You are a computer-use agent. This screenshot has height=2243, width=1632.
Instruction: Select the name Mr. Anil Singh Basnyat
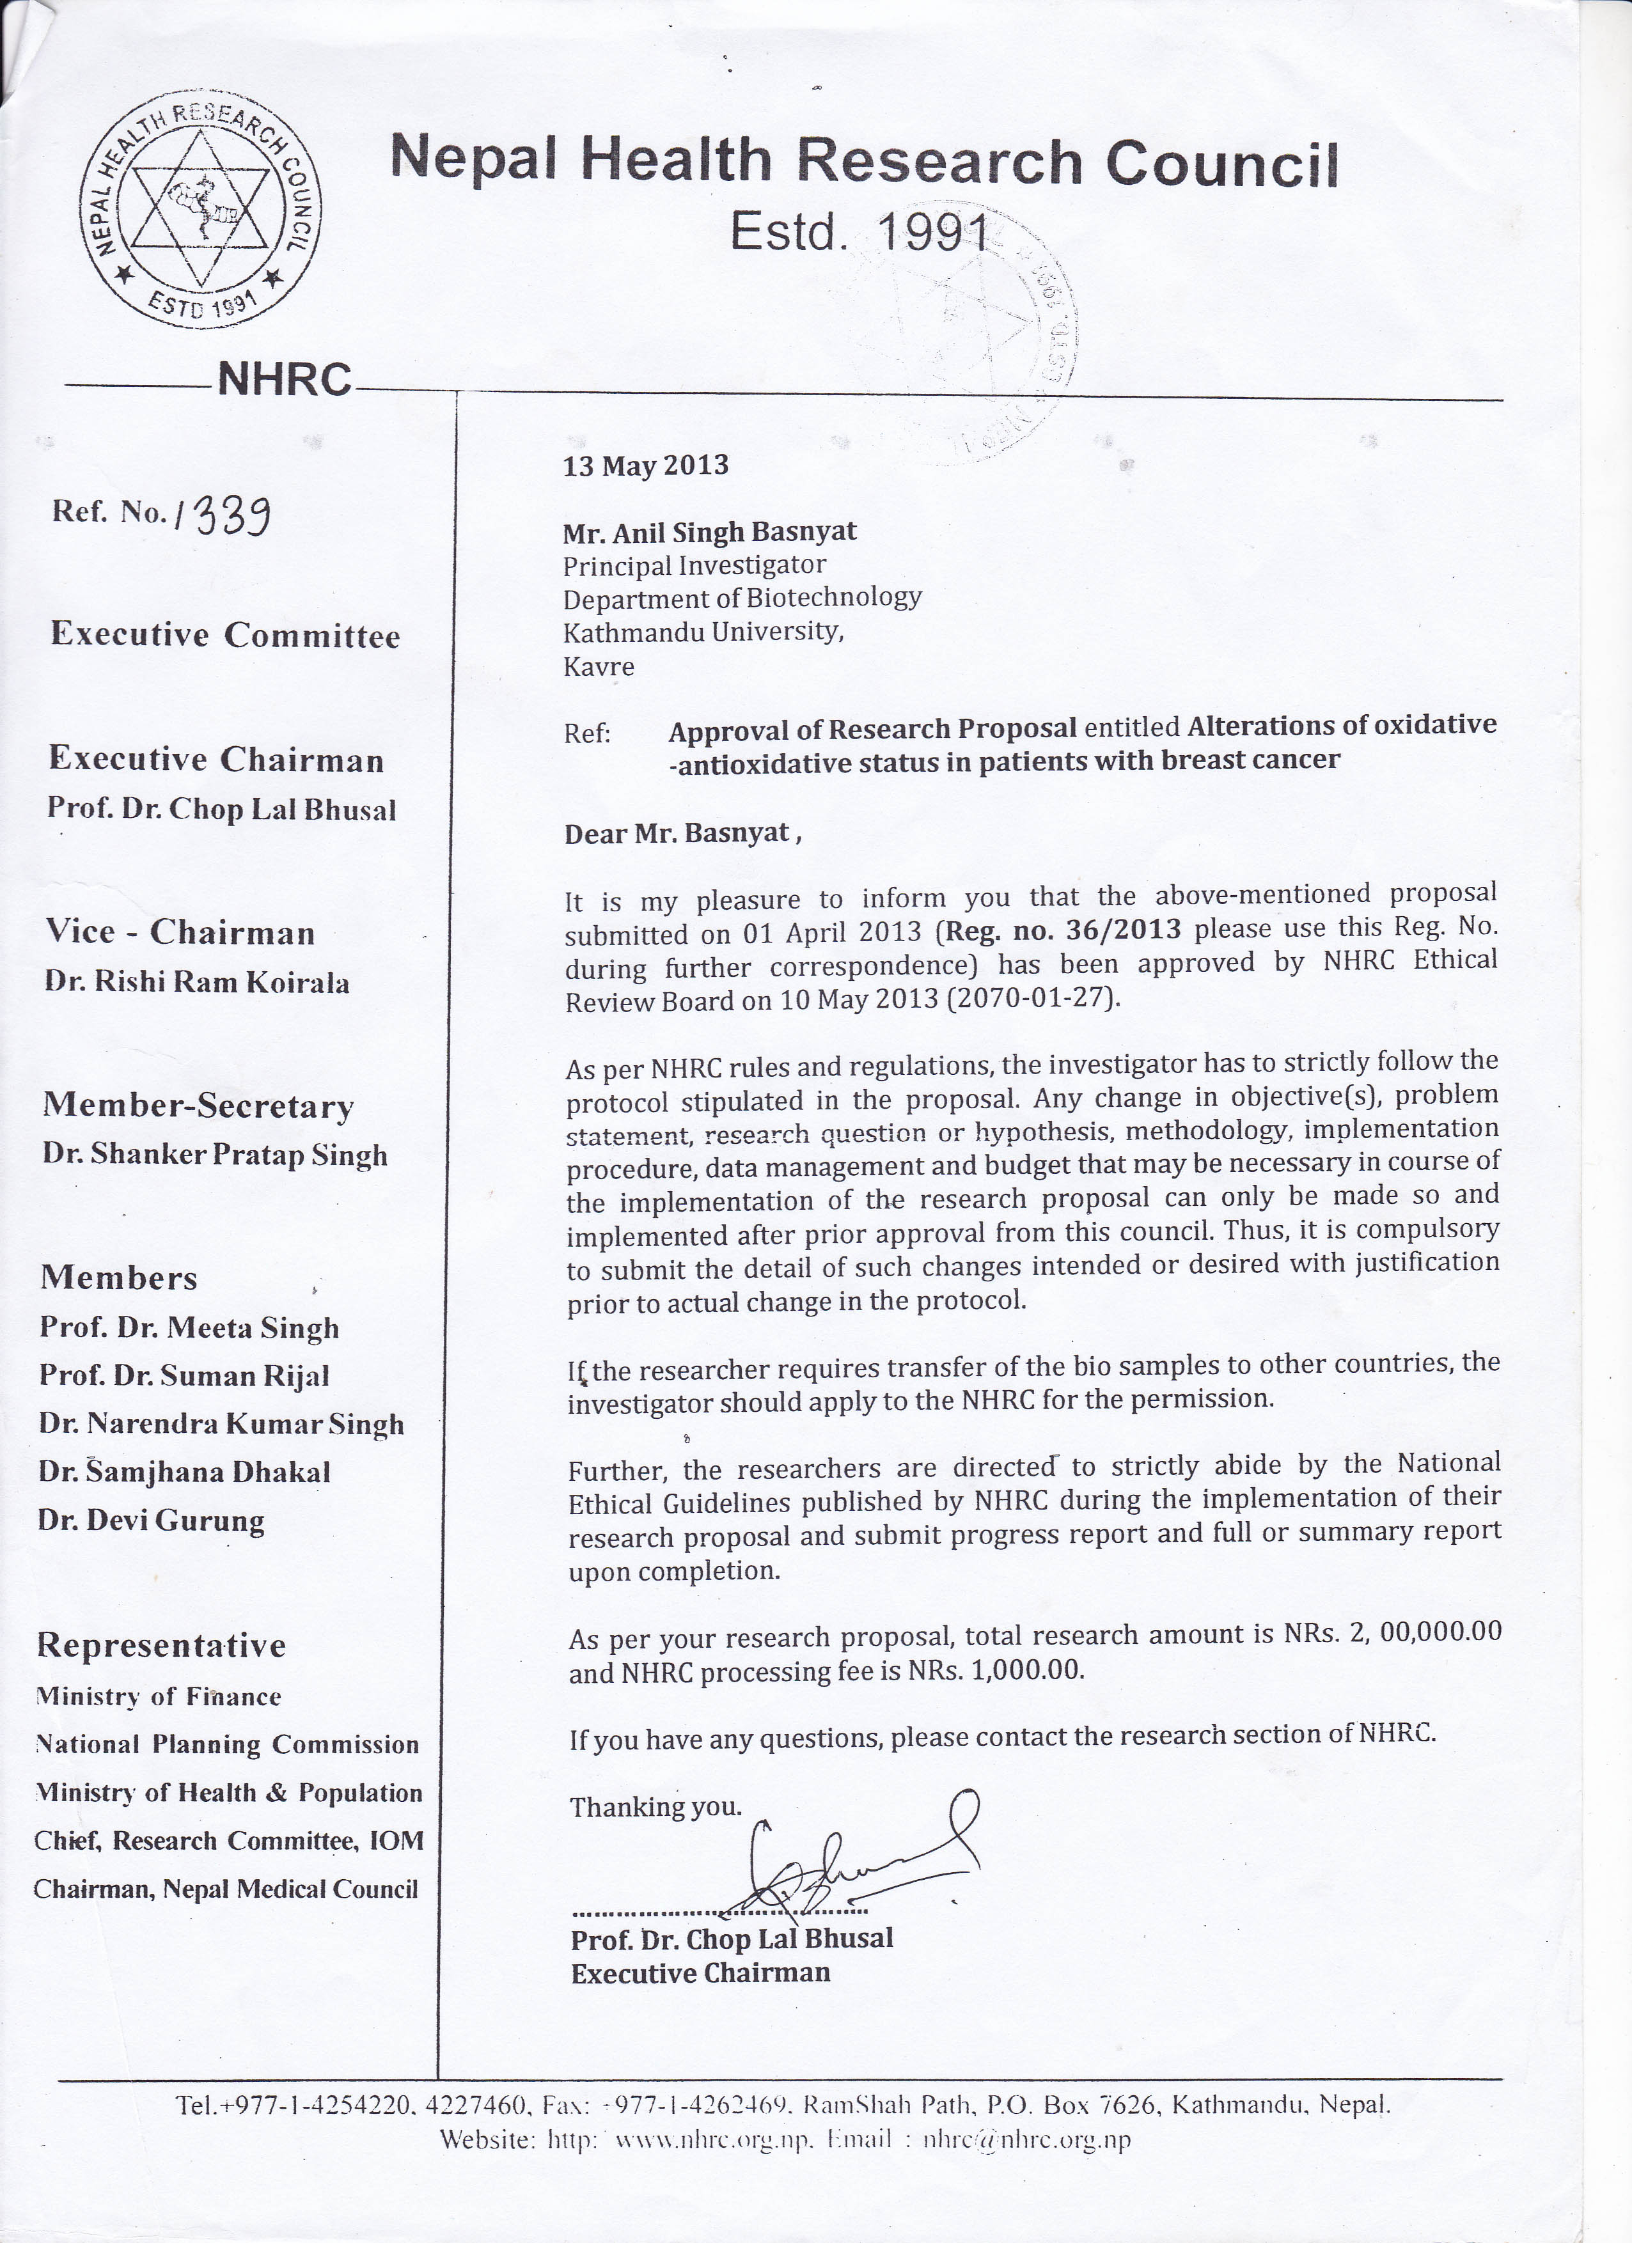[709, 532]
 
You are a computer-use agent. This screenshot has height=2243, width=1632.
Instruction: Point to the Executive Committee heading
[226, 635]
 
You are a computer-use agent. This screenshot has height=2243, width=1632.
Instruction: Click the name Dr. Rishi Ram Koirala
[197, 982]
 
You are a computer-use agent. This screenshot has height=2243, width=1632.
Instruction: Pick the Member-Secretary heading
[198, 1106]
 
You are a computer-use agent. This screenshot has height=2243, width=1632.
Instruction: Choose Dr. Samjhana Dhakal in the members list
[184, 1472]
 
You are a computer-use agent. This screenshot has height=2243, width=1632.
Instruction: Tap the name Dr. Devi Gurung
[152, 1520]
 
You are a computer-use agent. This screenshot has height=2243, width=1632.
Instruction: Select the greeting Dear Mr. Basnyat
[682, 834]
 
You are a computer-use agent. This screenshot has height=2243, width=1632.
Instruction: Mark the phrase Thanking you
[655, 1807]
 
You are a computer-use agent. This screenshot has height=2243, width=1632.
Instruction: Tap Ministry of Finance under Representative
[158, 1697]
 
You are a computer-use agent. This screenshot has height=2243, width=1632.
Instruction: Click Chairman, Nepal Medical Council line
[226, 1889]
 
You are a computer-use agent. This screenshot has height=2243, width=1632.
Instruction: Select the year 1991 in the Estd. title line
[934, 232]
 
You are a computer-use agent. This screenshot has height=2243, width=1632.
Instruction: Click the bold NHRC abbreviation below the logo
[284, 379]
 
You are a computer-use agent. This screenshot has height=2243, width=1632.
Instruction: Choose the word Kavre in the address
[599, 667]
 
